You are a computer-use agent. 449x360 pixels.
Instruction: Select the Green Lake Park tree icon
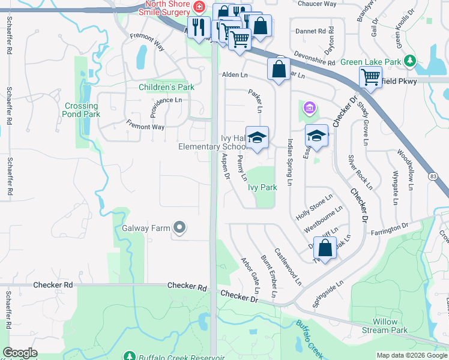pyautogui.click(x=409, y=61)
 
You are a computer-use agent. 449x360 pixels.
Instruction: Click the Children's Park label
pyautogui.click(x=166, y=87)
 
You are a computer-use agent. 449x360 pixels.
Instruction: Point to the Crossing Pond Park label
pyautogui.click(x=82, y=110)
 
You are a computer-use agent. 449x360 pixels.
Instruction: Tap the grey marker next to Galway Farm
pyautogui.click(x=179, y=227)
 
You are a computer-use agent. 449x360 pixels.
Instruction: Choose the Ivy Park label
pyautogui.click(x=262, y=187)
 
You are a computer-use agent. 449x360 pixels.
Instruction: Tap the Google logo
pyautogui.click(x=20, y=353)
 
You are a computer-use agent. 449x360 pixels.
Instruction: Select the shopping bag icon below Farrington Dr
pyautogui.click(x=325, y=248)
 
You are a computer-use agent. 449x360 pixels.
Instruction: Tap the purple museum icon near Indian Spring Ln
pyautogui.click(x=309, y=108)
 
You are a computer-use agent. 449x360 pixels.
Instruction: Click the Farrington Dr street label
pyautogui.click(x=388, y=225)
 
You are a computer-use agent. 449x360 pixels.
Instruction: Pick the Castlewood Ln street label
pyautogui.click(x=288, y=266)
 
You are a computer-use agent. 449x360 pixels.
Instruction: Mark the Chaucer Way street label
pyautogui.click(x=317, y=4)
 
